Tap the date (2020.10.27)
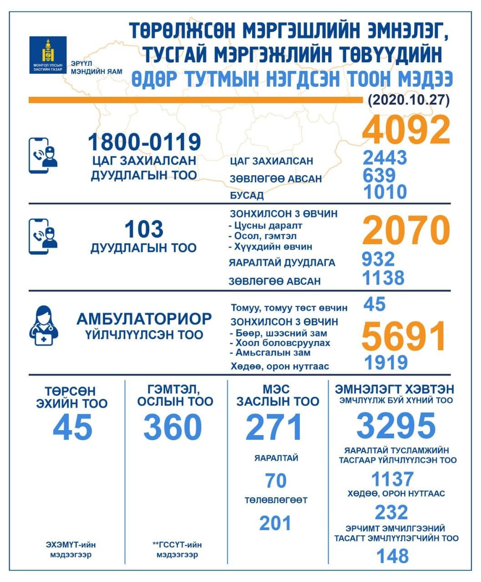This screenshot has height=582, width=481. coord(408,100)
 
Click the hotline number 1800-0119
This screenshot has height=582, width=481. coord(144,142)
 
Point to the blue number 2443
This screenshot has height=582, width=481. coord(385,158)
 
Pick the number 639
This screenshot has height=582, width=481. coord(379,175)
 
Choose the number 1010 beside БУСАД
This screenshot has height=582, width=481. coord(385,192)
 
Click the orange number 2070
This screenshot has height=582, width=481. coord(405,231)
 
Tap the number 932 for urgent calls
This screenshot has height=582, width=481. coord(378,260)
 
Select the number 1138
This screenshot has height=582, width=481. coord(383,277)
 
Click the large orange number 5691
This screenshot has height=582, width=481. coord(404,336)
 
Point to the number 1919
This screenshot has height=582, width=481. coord(385,362)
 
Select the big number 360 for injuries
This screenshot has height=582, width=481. coord(172,427)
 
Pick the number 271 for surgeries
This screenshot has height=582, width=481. coord(274,427)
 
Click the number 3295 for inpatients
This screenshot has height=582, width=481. coord(396,426)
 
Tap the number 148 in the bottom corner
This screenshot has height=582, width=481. coord(393,556)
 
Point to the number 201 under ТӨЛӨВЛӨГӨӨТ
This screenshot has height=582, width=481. coord(275,523)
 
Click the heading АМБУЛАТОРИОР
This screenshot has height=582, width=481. coord(144,319)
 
